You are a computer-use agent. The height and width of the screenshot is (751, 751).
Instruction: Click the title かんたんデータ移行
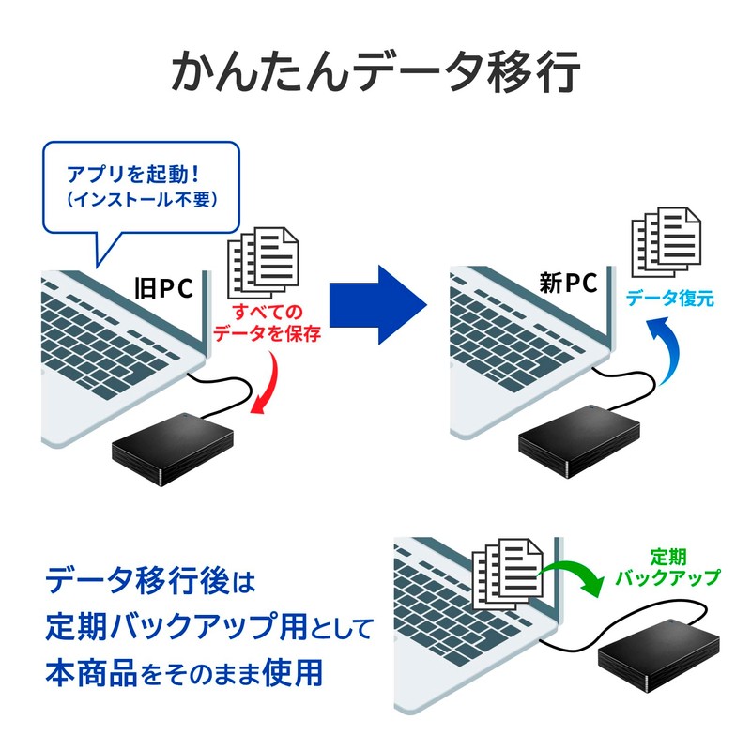tap(375, 72)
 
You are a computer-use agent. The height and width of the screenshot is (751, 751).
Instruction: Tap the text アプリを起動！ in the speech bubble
tap(141, 175)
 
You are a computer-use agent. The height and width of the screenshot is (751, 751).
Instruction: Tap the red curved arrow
tap(270, 385)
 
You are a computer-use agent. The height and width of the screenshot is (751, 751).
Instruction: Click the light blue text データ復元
tap(670, 300)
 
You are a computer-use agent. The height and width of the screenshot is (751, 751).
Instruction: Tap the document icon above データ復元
tap(666, 238)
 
